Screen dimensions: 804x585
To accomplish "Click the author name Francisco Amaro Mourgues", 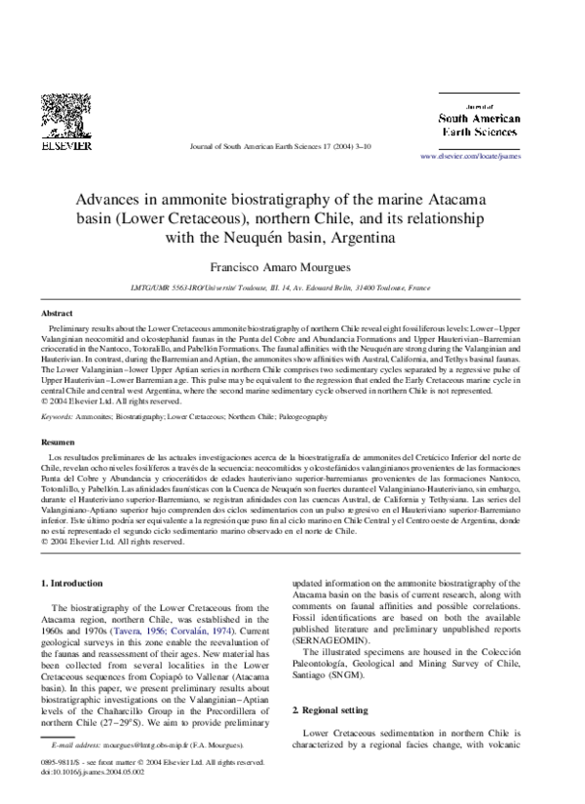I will tap(292, 266).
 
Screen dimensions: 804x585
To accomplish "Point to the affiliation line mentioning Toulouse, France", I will tap(292, 288).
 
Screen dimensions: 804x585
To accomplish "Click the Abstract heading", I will tap(56, 314).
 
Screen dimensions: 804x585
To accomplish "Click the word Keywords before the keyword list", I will tap(61, 417).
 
